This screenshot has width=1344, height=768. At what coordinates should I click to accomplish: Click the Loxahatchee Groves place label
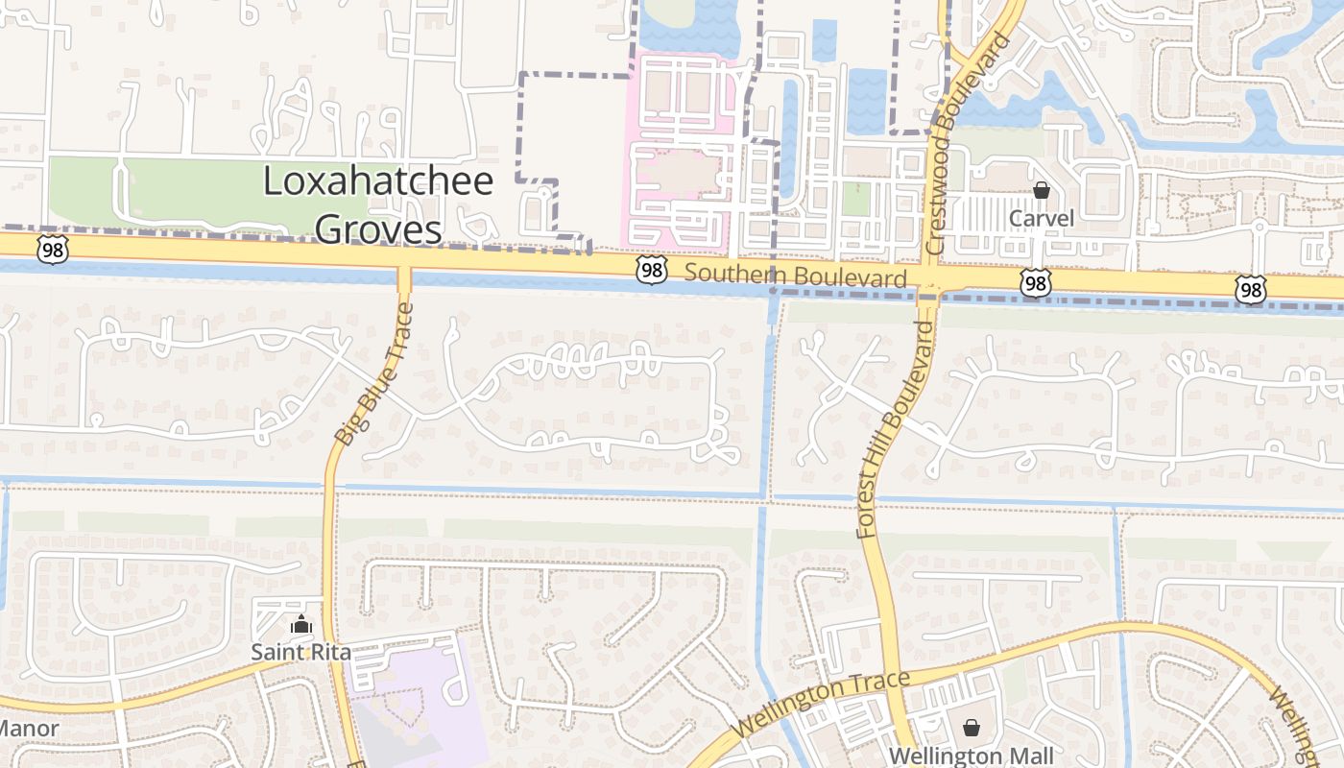(378, 204)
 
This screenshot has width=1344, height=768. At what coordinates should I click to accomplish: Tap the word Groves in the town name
(378, 228)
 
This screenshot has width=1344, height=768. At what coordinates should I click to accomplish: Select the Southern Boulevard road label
(796, 276)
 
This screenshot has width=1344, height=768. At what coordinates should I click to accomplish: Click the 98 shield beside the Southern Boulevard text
(652, 271)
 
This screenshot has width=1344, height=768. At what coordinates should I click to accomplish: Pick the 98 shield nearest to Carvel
(1035, 282)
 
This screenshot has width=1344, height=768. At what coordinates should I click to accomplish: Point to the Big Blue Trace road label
(374, 373)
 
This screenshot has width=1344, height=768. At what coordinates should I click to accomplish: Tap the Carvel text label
(1041, 219)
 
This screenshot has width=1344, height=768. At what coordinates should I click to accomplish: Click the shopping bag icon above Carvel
(1041, 191)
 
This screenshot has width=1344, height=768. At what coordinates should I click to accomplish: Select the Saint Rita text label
(300, 652)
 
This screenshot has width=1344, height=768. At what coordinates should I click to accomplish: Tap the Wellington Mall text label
(971, 756)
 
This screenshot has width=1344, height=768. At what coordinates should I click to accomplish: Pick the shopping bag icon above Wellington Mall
(971, 728)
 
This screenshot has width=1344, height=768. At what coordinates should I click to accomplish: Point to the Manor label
(29, 728)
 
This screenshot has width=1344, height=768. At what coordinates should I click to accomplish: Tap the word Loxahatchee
(378, 181)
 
